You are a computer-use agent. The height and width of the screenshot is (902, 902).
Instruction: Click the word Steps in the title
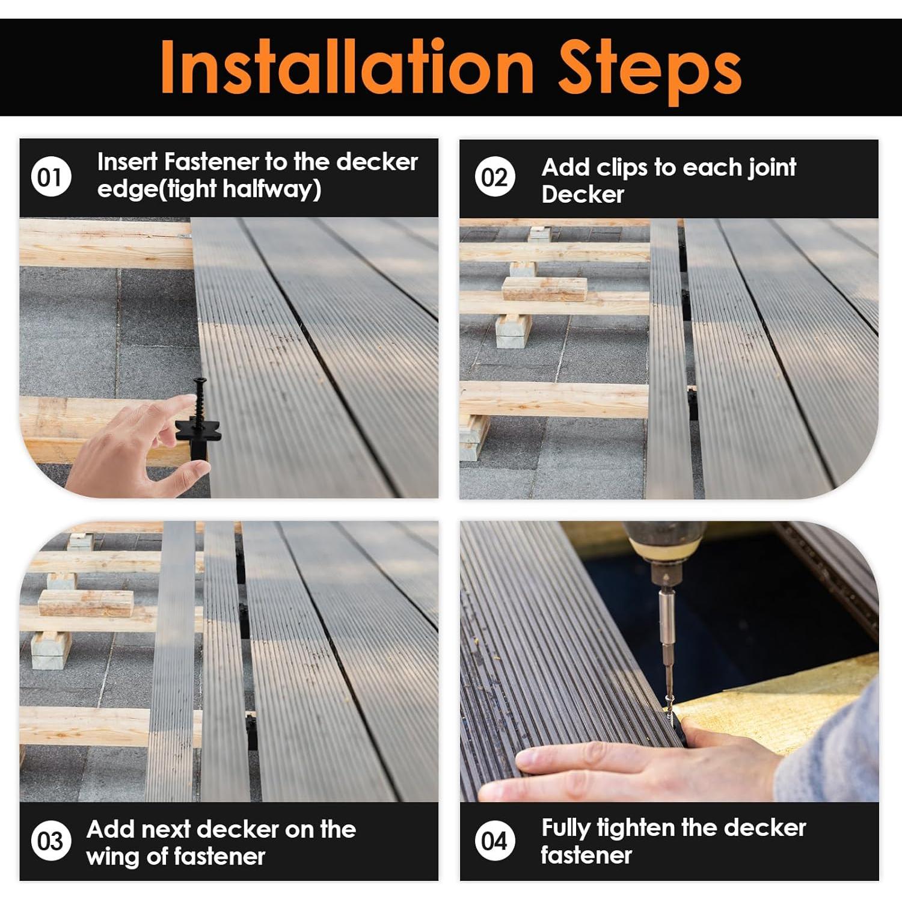point(649,71)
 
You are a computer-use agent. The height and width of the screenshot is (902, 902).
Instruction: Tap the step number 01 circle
point(51,177)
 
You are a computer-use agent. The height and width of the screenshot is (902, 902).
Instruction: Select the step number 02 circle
point(494,177)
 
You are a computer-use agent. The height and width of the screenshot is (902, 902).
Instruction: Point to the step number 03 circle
point(51,841)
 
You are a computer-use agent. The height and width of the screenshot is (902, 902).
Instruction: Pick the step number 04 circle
point(494,841)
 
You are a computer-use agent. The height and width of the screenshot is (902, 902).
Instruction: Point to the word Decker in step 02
point(583,194)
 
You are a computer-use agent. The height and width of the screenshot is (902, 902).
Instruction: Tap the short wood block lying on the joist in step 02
point(544,289)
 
